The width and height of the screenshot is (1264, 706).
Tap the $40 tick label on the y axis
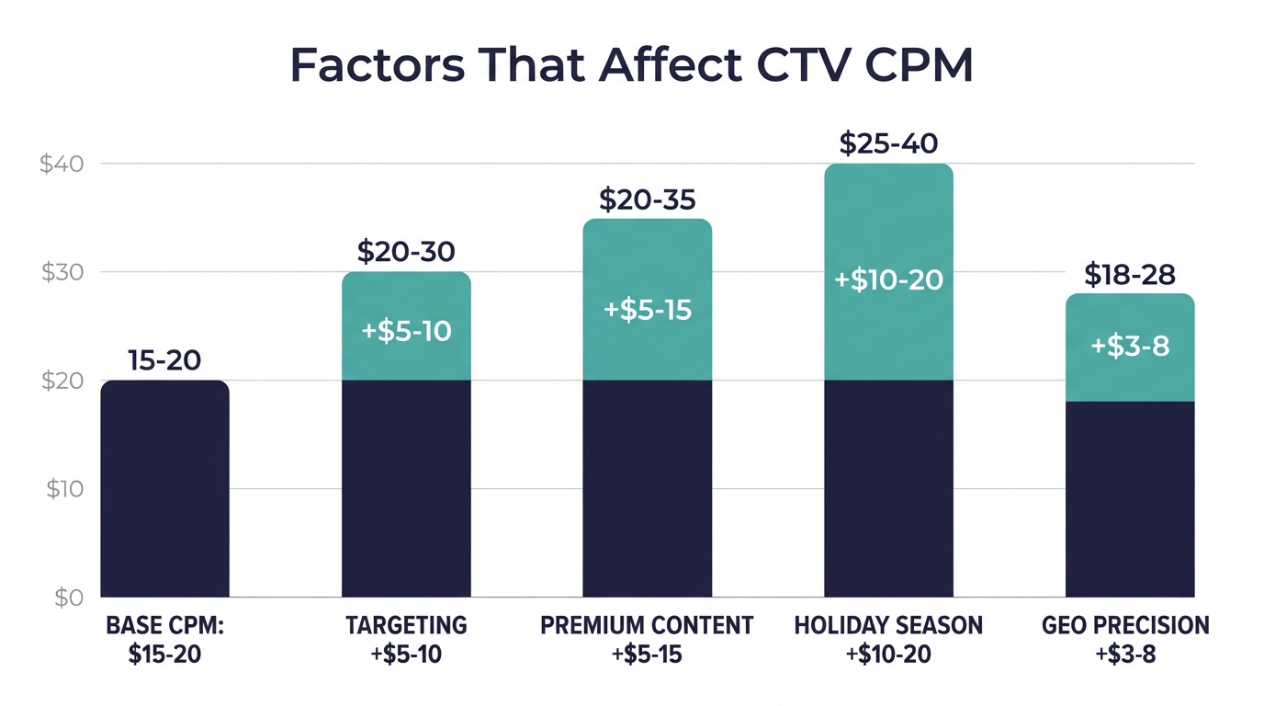coord(62,165)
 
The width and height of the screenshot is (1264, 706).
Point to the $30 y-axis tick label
coord(62,273)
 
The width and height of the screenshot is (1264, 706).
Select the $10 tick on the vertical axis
coord(64,489)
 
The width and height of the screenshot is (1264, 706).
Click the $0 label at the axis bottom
coord(68,598)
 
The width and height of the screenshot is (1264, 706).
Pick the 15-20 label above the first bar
coord(164,360)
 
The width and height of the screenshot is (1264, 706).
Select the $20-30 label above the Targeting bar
coord(406,252)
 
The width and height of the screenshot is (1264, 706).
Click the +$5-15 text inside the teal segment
coord(647,310)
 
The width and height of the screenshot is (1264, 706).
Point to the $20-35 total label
coord(647,199)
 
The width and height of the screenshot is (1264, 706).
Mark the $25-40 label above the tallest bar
coord(888,143)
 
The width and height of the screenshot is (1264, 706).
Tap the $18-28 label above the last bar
coord(1130,274)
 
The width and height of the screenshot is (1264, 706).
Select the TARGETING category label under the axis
coord(406,626)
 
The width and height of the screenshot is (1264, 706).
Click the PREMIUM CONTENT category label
coord(647,626)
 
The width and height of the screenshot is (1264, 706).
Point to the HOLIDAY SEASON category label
coord(888,626)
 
